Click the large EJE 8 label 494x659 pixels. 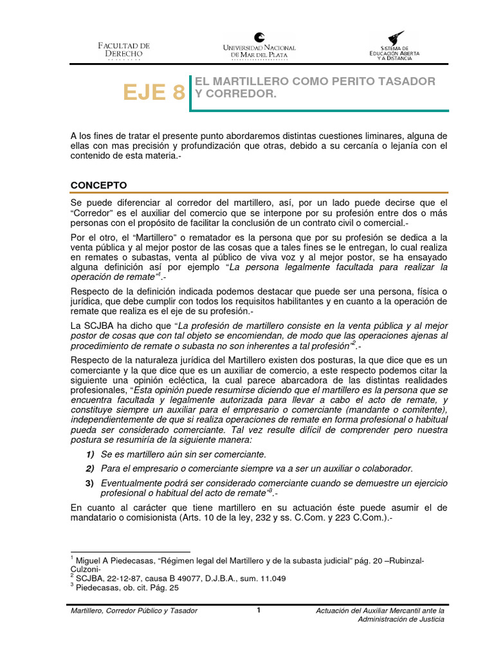[x=154, y=93]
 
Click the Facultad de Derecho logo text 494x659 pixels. [x=123, y=50]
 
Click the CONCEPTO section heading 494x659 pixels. [x=98, y=185]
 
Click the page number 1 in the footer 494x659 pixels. [x=258, y=610]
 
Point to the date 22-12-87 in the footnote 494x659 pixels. [x=120, y=578]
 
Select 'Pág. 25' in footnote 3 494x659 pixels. [x=165, y=588]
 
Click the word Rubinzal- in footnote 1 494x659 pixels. [x=405, y=560]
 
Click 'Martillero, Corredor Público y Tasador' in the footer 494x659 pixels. [x=134, y=610]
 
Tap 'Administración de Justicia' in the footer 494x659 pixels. [x=401, y=619]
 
